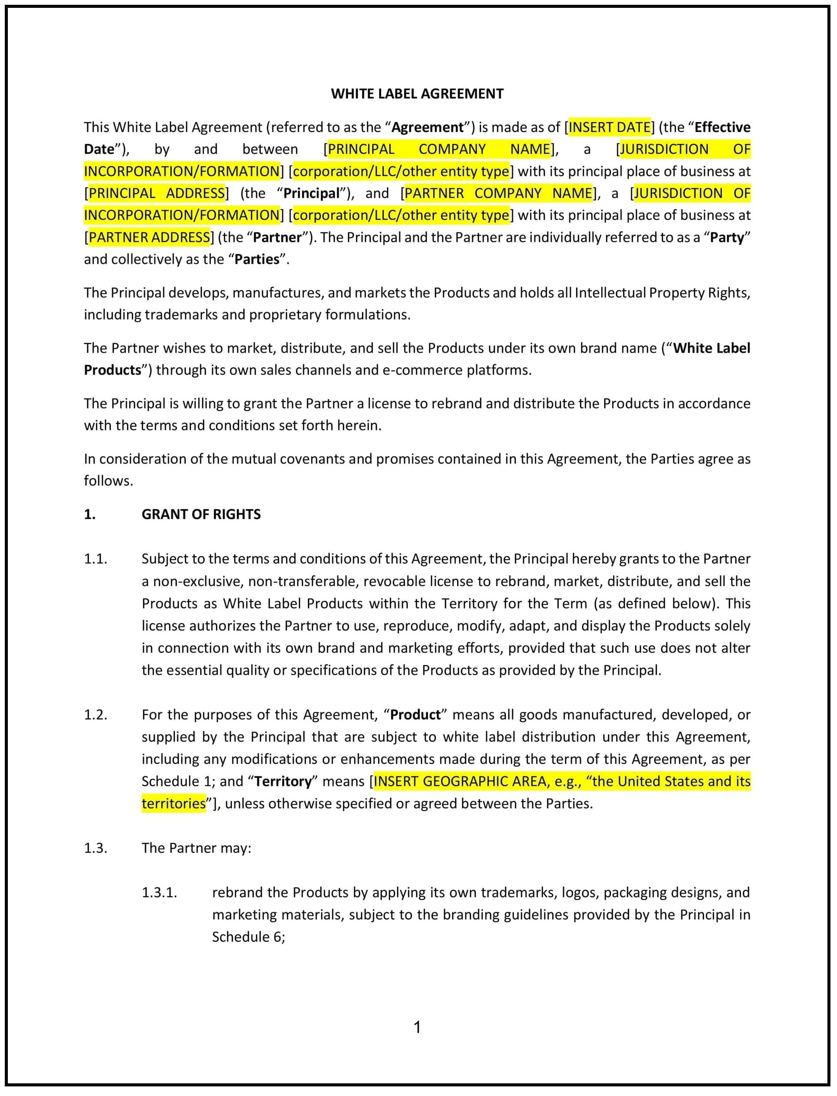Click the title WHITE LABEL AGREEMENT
click(x=417, y=94)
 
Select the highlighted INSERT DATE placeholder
click(x=609, y=127)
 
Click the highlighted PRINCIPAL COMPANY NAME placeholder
click(x=438, y=149)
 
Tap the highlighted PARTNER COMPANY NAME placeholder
click(x=498, y=193)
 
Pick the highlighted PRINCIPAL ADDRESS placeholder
click(x=157, y=193)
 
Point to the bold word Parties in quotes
click(x=257, y=259)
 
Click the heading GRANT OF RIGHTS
click(x=201, y=514)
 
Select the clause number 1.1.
click(x=96, y=559)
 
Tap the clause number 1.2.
click(x=96, y=715)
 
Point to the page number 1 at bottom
click(x=417, y=1027)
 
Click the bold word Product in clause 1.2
click(x=415, y=715)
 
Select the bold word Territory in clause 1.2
click(x=283, y=781)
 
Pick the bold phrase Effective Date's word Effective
click(x=722, y=127)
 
